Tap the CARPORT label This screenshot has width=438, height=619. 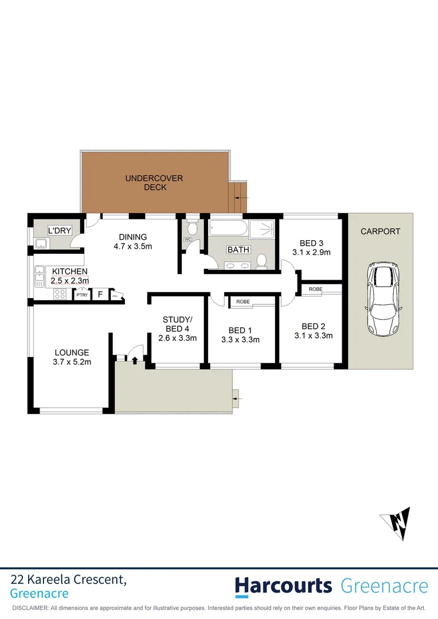pyautogui.click(x=381, y=232)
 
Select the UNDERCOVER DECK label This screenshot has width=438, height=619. pyautogui.click(x=155, y=183)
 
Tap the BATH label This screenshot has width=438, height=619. pyautogui.click(x=238, y=250)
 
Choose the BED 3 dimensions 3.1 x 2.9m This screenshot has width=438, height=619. pyautogui.click(x=312, y=252)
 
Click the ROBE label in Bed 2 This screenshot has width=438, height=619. pyautogui.click(x=315, y=289)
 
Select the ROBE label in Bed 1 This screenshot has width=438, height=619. pyautogui.click(x=243, y=301)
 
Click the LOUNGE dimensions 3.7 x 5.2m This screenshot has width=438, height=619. pyautogui.click(x=72, y=362)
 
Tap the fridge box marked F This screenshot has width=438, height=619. pyautogui.click(x=100, y=295)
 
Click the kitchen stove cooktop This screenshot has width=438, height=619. pyautogui.click(x=59, y=294)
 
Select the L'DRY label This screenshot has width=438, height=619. pyautogui.click(x=60, y=230)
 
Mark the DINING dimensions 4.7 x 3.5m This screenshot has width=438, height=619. pyautogui.click(x=133, y=247)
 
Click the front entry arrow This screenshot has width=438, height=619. pyautogui.click(x=135, y=360)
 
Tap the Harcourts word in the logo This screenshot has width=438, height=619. pyautogui.click(x=283, y=586)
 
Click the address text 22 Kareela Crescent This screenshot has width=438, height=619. pyautogui.click(x=69, y=580)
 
